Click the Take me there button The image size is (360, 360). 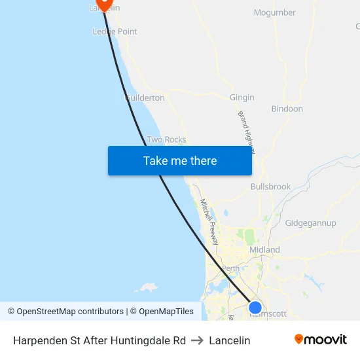click(180, 160)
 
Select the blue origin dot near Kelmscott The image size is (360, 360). click(255, 307)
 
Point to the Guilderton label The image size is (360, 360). click(145, 98)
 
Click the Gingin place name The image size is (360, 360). click(242, 98)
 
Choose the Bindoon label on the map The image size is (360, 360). click(287, 109)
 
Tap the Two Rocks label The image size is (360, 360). click(166, 139)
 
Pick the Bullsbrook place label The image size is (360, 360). click(270, 187)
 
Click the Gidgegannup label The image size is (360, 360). click(311, 223)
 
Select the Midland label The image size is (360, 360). click(264, 249)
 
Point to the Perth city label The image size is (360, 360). click(231, 268)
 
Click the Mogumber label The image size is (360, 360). click(275, 12)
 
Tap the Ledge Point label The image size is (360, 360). click(115, 31)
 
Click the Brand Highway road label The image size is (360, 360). click(246, 132)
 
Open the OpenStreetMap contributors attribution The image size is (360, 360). click(65, 312)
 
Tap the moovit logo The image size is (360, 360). click(320, 340)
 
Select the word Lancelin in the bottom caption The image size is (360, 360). click(230, 340)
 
